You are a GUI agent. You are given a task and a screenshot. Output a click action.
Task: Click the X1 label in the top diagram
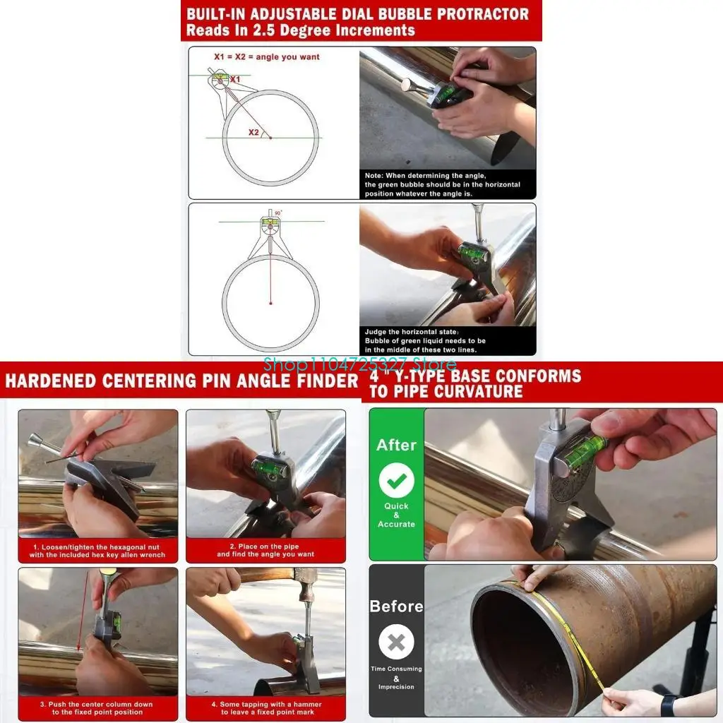click(235, 79)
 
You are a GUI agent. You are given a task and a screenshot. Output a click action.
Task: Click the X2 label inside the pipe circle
click(253, 131)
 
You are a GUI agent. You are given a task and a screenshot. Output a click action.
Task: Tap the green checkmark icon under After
click(396, 480)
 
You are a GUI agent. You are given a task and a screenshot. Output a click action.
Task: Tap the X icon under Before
click(396, 643)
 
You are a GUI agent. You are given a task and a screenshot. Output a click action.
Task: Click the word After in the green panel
click(396, 445)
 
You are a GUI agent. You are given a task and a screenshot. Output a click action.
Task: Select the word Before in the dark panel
click(396, 607)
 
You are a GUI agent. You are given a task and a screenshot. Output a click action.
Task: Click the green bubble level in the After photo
click(585, 452)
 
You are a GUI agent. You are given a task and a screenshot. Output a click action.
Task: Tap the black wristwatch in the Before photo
click(668, 704)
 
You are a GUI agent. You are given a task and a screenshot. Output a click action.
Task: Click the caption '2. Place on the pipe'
click(265, 546)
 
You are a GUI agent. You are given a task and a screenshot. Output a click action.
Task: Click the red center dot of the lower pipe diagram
click(270, 304)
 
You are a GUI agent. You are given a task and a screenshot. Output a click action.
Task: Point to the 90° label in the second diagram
click(278, 213)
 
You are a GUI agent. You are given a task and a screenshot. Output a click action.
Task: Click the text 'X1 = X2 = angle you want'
click(266, 57)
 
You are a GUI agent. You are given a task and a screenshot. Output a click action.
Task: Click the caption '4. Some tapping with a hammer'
click(265, 704)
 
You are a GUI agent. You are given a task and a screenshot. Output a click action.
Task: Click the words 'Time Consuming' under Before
click(396, 669)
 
